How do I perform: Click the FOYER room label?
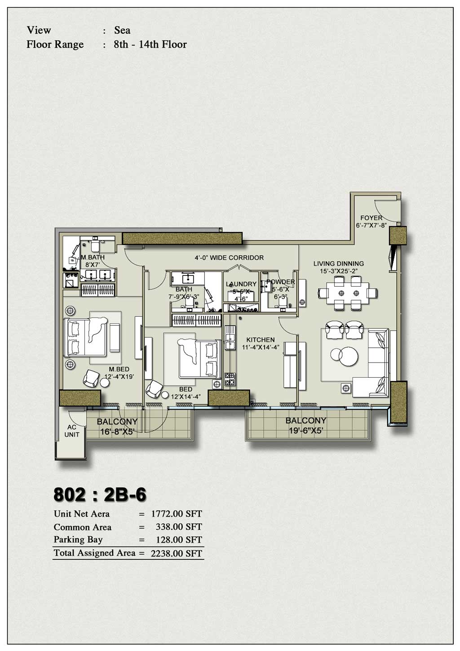pos(372,218)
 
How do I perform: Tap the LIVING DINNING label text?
pos(339,264)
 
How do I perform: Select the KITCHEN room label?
pos(261,340)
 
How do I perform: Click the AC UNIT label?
pos(72,431)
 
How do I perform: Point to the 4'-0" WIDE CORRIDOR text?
pos(229,258)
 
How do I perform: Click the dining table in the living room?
pos(348,293)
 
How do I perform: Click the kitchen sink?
pos(230,337)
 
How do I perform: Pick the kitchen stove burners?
pos(230,379)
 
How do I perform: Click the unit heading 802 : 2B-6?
pos(100,494)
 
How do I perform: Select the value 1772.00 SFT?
pos(177,514)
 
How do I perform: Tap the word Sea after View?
pos(122,30)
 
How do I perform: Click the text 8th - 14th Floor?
pos(150,44)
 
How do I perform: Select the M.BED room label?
pos(119,369)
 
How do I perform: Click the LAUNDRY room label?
pos(241,284)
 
